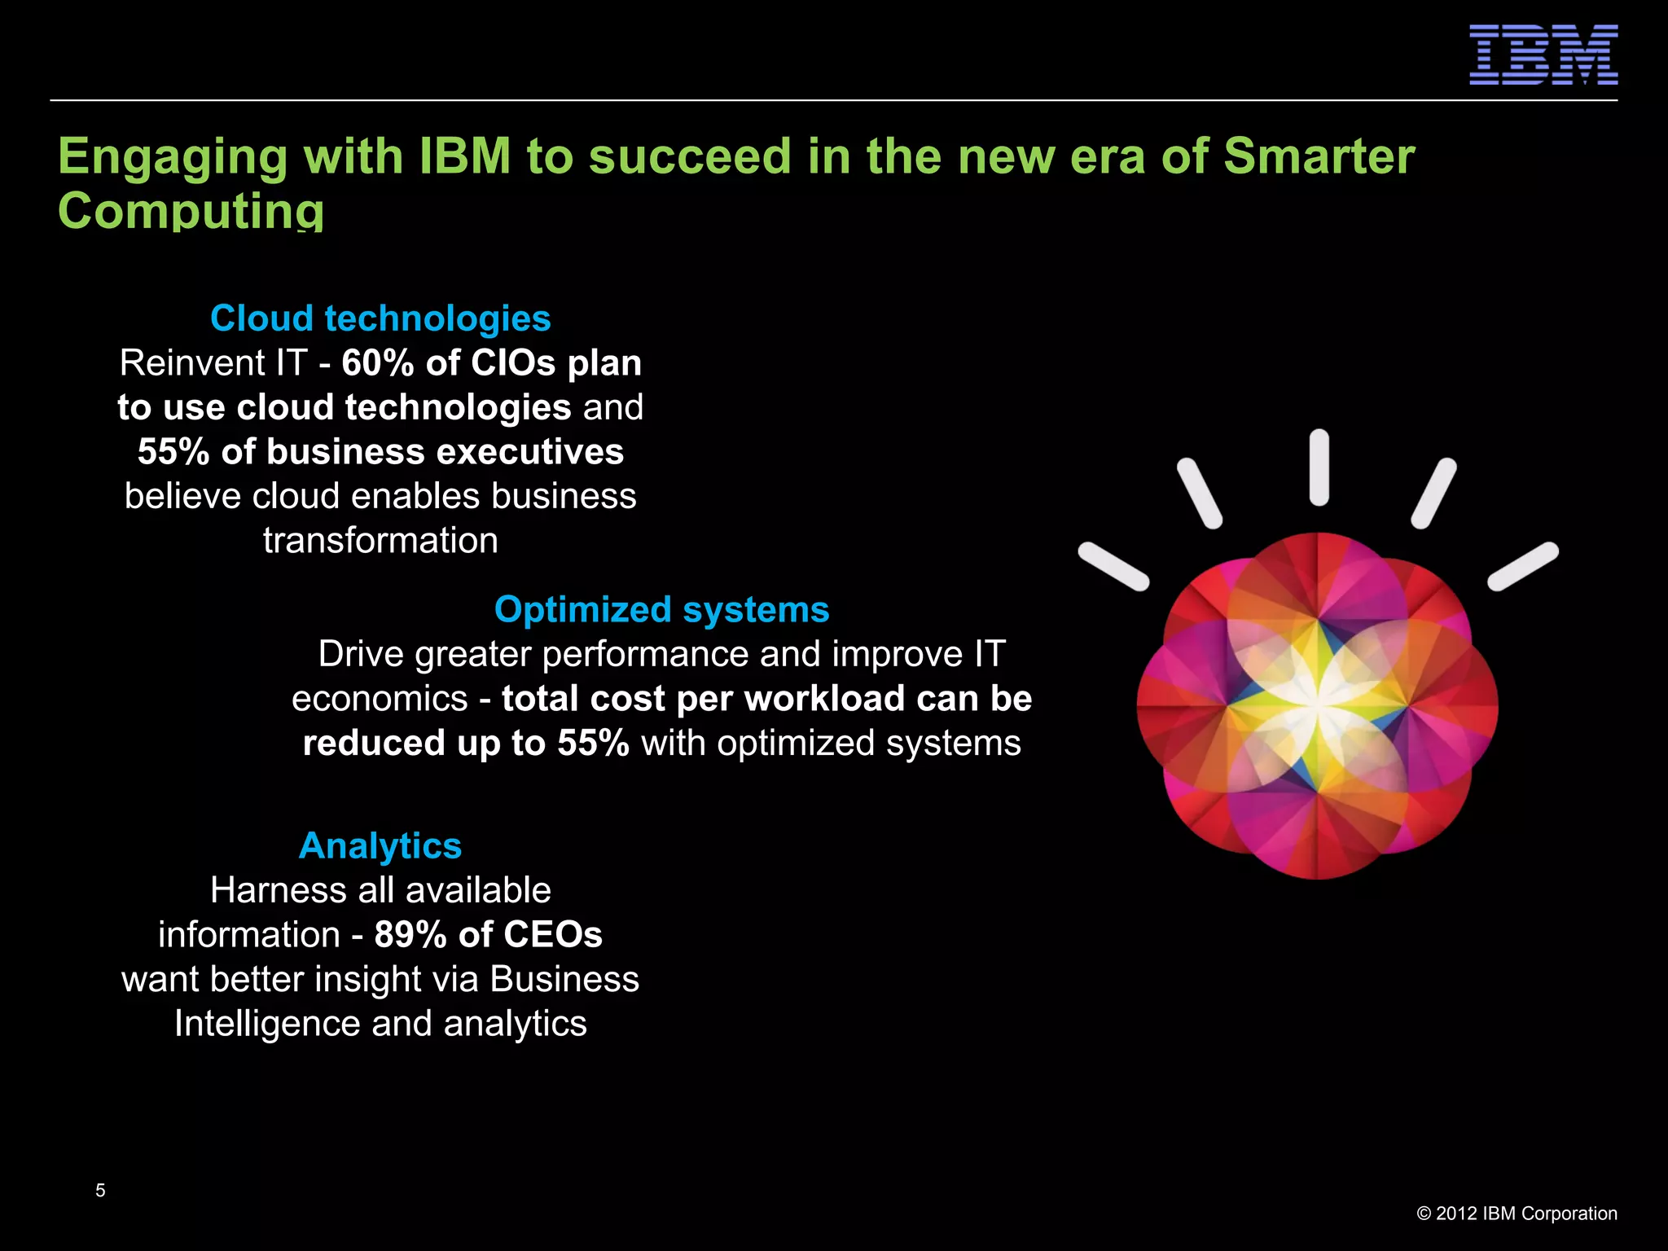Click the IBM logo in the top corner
(x=1543, y=55)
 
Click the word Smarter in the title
(x=1319, y=156)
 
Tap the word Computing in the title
(x=191, y=211)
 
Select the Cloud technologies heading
(x=380, y=318)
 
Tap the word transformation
(x=380, y=541)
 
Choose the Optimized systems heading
(x=661, y=609)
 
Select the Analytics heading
(x=380, y=845)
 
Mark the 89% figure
(x=410, y=935)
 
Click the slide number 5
(x=100, y=1191)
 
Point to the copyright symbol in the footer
(x=1424, y=1214)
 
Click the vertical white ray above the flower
(x=1319, y=467)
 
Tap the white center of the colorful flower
(x=1317, y=702)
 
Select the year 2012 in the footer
(x=1456, y=1214)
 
